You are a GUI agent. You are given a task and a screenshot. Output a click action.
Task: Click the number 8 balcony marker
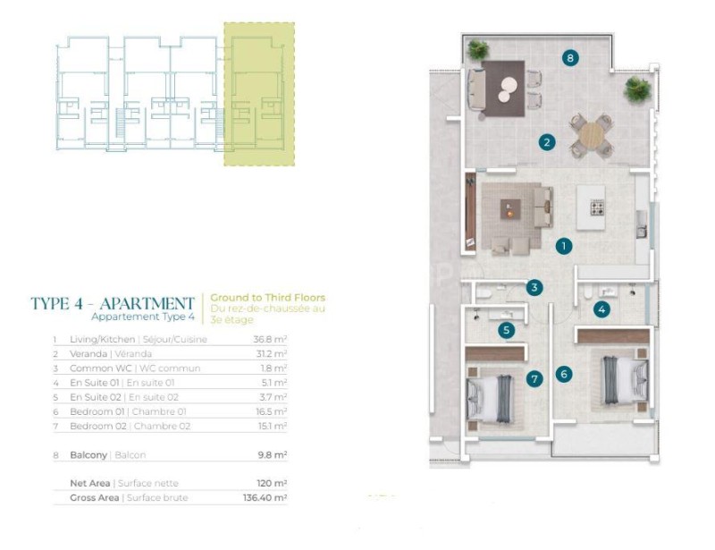(570, 58)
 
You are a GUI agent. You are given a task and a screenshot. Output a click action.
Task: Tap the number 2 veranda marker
(547, 142)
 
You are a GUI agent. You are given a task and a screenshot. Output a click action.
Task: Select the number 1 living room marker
(564, 247)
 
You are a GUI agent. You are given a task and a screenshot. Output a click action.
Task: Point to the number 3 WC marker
(534, 288)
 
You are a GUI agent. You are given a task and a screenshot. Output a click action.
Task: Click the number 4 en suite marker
(601, 310)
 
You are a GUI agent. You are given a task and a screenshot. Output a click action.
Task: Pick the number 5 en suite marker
(506, 330)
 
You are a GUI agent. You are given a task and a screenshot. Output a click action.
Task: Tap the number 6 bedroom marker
(564, 375)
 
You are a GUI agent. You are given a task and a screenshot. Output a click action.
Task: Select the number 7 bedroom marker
(534, 378)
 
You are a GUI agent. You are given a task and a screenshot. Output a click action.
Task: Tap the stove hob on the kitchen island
(597, 207)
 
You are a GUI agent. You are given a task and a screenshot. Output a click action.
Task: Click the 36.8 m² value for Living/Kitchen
(271, 339)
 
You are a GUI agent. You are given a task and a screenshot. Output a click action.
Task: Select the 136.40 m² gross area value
(265, 497)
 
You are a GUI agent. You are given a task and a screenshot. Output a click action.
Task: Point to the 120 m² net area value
(272, 483)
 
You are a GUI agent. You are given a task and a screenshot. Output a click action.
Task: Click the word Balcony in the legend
(88, 455)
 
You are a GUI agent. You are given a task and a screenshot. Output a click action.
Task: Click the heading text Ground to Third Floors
(267, 298)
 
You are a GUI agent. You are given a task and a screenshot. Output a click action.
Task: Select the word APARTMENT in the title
(147, 303)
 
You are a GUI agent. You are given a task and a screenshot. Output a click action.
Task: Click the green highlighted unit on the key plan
(259, 94)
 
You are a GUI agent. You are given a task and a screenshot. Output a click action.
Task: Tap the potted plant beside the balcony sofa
(477, 49)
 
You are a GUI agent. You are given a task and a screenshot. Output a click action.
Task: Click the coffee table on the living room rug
(510, 209)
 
